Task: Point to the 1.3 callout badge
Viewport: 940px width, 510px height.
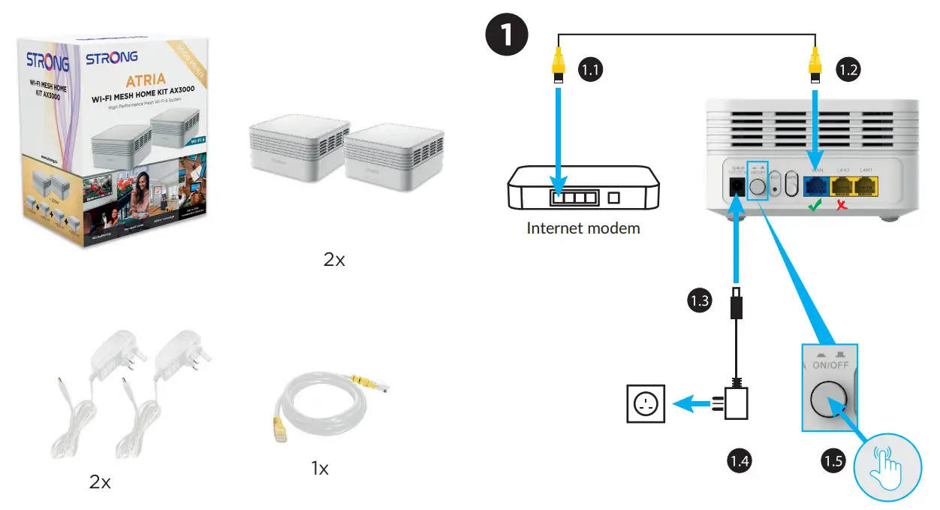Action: [699, 301]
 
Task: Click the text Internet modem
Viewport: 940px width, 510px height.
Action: [583, 228]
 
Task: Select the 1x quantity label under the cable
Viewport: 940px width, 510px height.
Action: [320, 469]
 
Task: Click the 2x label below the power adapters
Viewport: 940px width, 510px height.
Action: [100, 481]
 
